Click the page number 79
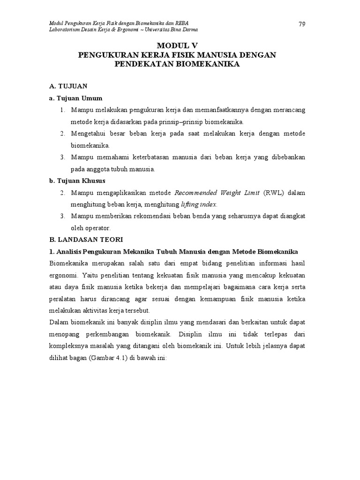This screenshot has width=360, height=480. coord(302,24)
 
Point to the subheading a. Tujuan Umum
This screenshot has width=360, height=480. coord(75,98)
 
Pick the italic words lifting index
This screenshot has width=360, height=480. coord(199,205)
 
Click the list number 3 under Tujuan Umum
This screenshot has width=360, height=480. coord(62,157)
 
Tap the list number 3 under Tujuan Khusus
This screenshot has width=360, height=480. coord(62,216)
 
